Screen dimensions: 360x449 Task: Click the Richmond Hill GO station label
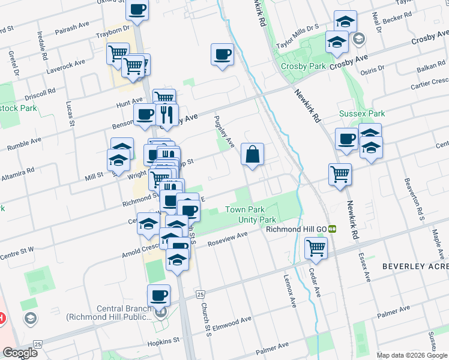coord(296,229)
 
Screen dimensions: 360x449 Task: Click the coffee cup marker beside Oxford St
coord(138,10)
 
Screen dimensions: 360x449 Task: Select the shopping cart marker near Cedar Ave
coord(316,247)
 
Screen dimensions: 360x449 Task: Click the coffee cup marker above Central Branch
coord(160,295)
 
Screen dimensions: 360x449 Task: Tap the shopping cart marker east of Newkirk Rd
coord(340,174)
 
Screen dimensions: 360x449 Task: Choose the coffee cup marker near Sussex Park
coord(346,139)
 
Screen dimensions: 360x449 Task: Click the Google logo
coord(20,353)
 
